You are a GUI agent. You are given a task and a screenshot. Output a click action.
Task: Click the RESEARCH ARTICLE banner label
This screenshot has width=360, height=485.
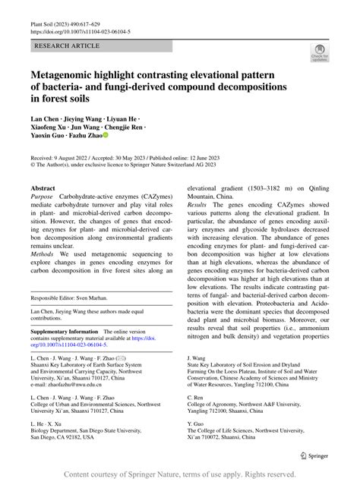tap(67, 46)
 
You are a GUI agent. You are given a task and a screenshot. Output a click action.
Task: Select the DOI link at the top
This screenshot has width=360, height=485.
tap(80, 33)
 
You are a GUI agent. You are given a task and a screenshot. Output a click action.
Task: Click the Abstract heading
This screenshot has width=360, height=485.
tap(43, 187)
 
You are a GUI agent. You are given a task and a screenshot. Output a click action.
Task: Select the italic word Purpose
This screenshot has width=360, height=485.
tap(43, 197)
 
